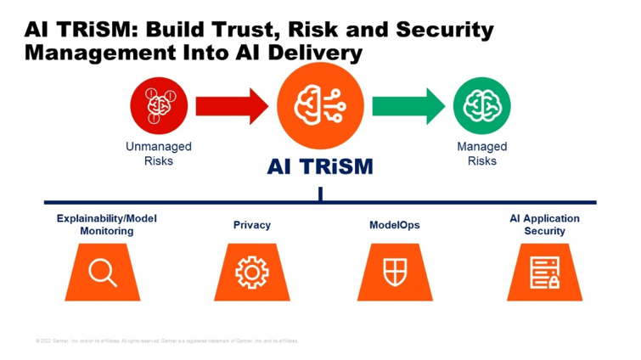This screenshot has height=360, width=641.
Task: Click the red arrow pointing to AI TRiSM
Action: point(228,106)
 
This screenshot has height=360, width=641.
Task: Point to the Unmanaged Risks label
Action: point(159,153)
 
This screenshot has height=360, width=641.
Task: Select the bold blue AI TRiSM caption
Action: point(320,166)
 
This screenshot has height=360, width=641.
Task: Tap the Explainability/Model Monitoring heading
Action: point(107,224)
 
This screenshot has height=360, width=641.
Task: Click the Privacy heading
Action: point(252,225)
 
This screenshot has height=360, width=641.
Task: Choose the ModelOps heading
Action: point(394,225)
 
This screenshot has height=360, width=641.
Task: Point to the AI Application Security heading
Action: point(544,224)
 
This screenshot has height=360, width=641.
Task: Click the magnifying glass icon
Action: point(104,273)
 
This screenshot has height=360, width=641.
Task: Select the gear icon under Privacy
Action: point(251,273)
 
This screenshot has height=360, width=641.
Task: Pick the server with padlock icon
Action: point(543,273)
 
